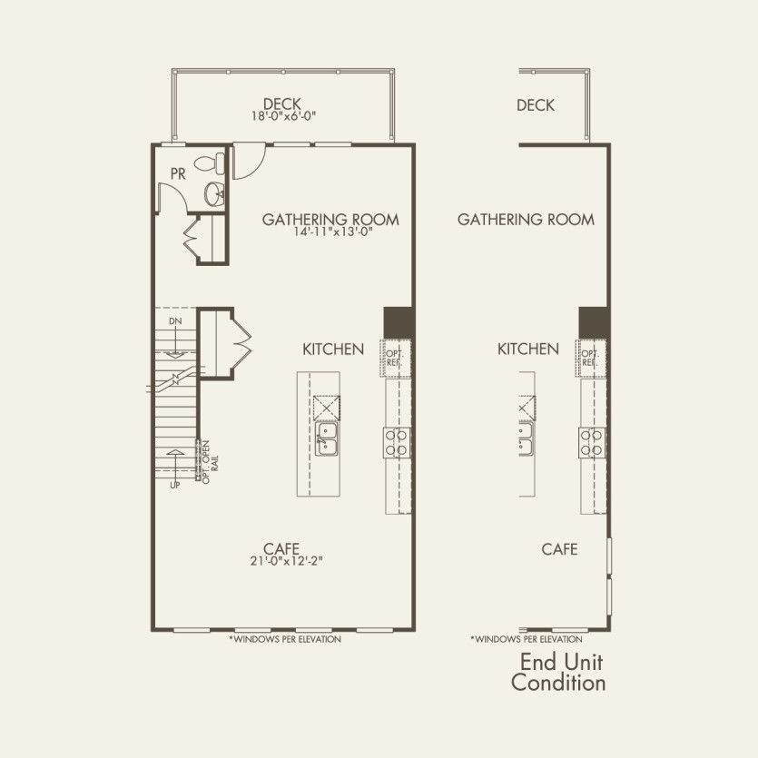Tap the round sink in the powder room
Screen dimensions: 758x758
click(215, 192)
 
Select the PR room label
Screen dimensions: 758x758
click(178, 172)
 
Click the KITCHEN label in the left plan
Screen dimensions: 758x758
click(333, 349)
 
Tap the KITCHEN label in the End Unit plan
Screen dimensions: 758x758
click(528, 349)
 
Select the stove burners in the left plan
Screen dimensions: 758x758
click(397, 442)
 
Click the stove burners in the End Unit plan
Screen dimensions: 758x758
click(592, 442)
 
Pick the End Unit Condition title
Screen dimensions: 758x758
click(558, 672)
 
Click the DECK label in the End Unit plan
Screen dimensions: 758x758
click(536, 105)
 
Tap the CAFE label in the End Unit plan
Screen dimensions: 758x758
click(559, 549)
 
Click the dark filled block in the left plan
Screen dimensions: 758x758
click(399, 321)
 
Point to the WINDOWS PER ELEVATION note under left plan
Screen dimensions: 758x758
click(285, 640)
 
